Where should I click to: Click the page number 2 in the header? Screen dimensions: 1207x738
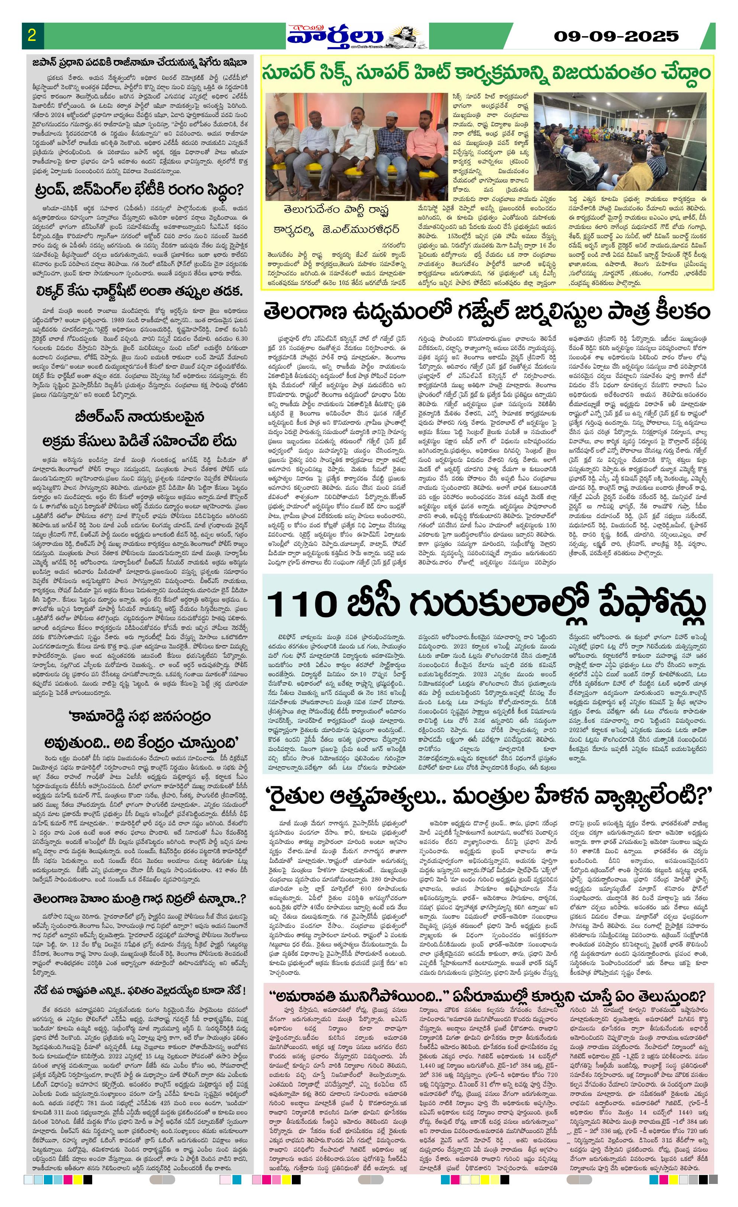32,35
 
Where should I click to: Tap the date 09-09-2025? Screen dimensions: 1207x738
616,36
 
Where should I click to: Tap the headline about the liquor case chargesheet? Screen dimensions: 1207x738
139,291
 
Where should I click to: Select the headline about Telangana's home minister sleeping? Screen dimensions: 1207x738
139,900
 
